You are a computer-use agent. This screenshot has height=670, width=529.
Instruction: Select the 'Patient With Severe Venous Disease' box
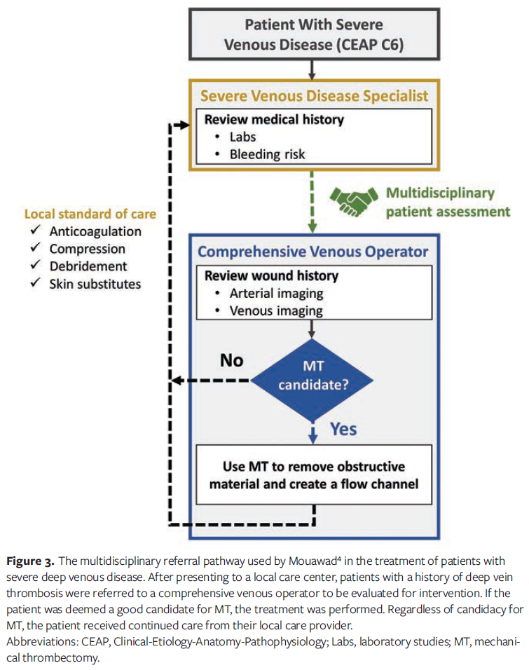313,34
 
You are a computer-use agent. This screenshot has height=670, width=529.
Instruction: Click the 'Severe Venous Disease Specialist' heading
314,95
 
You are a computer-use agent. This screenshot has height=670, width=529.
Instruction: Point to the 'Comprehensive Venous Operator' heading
312,251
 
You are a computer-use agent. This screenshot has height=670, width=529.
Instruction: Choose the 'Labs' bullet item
243,137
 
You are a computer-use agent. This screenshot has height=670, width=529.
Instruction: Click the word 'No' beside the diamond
232,360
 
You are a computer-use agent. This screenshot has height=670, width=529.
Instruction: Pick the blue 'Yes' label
343,429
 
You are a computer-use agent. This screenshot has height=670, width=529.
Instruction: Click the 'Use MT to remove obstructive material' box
313,474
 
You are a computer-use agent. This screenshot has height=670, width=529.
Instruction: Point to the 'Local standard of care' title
90,214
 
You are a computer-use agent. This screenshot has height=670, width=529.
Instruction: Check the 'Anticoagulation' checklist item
95,231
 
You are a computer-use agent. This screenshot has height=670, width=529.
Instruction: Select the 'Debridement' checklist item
88,266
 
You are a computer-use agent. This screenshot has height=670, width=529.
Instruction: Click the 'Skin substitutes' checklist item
95,284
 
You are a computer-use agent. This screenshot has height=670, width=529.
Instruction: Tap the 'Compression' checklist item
88,249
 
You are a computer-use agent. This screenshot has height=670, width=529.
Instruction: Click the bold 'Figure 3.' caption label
31,561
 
